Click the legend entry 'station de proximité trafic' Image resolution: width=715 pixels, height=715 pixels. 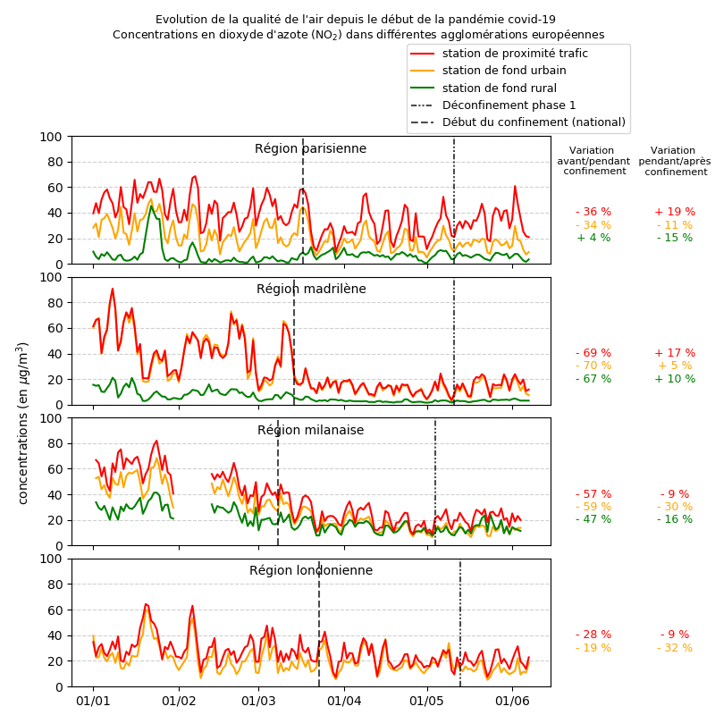[515, 54]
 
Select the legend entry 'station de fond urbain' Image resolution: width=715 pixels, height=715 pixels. [504, 71]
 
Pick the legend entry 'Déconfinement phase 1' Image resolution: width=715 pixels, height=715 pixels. [509, 105]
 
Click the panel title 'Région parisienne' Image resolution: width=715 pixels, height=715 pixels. [310, 148]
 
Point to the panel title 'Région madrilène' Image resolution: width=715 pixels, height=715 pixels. [311, 289]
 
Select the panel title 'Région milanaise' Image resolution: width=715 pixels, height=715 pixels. [310, 430]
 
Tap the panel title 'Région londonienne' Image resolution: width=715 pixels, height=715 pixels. [311, 570]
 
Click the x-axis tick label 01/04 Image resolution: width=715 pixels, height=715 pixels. [344, 702]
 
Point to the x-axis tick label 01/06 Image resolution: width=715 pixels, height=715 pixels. [510, 702]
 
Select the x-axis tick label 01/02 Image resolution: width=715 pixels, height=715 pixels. [179, 702]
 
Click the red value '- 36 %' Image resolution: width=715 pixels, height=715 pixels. [593, 212]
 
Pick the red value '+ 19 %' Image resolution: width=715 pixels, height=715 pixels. [675, 212]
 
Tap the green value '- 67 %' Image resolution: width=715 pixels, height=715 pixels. [593, 379]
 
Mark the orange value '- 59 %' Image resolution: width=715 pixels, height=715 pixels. [593, 507]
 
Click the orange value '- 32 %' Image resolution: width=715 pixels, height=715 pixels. [675, 648]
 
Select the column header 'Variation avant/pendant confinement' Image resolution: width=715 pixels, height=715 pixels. [593, 161]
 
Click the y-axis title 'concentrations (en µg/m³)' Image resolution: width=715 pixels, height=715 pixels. [23, 423]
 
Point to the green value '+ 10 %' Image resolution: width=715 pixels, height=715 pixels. [675, 379]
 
